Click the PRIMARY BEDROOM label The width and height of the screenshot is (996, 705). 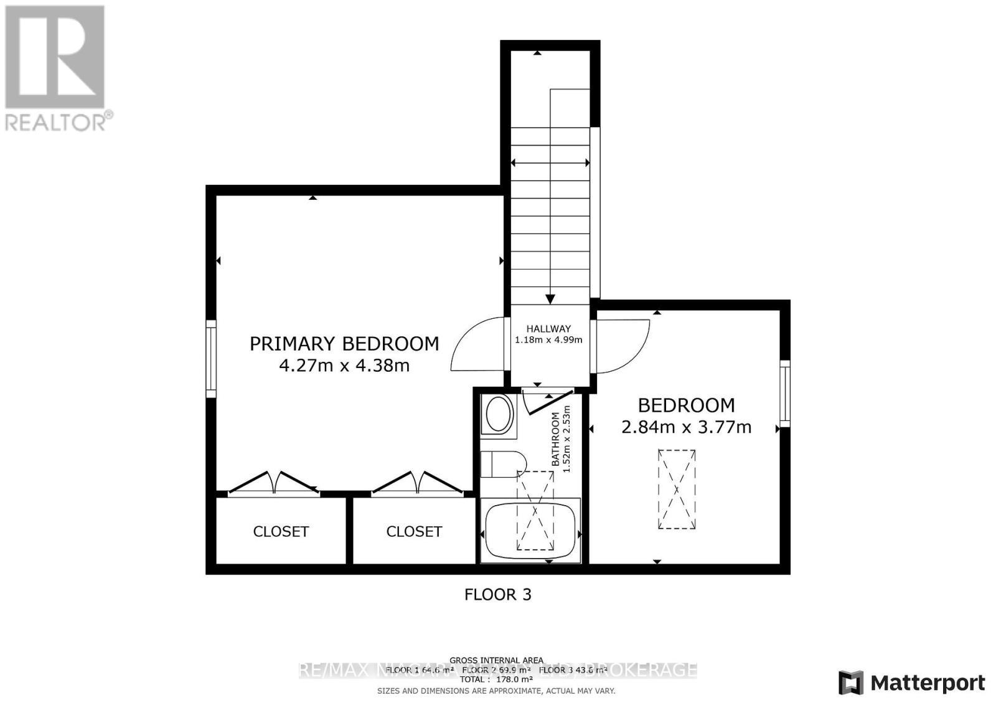pos(344,344)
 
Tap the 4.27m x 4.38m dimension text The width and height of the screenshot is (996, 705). pos(344,366)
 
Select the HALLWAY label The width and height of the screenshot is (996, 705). pos(548,329)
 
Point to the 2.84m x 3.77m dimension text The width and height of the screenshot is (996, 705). pos(687,427)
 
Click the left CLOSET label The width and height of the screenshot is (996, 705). pos(281,531)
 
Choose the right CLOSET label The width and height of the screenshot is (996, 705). pos(414,531)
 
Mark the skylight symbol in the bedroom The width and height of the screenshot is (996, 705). pos(677,489)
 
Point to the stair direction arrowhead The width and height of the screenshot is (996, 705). pos(550,298)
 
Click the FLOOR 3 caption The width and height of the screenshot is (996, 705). pos(498,595)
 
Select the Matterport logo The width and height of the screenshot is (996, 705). pos(912,683)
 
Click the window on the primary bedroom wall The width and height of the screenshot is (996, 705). pos(211,359)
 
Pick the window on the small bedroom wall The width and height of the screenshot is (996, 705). pos(785,394)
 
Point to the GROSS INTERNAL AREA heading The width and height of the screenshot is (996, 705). pos(496,660)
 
